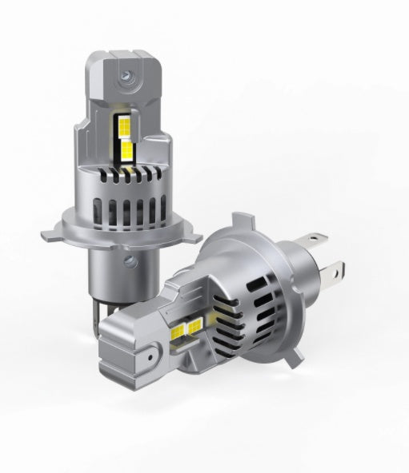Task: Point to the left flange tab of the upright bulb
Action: click(53, 233)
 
